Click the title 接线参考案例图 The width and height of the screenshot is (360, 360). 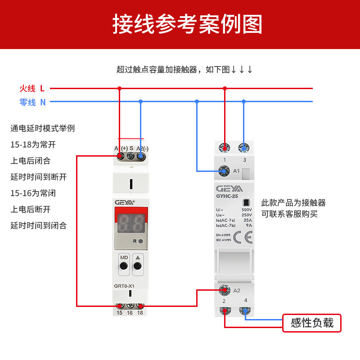tap(187, 24)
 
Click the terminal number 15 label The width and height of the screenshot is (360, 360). tap(120, 313)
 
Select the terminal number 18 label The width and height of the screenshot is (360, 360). tap(140, 313)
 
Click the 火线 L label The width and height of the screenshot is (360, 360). tap(32, 89)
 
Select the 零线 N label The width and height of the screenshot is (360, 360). tap(32, 102)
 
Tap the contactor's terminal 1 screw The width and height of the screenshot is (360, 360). tap(224, 148)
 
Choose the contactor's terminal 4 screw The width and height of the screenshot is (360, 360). tap(245, 310)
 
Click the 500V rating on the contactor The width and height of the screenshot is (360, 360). tap(247, 210)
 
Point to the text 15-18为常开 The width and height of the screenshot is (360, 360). tap(33, 144)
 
